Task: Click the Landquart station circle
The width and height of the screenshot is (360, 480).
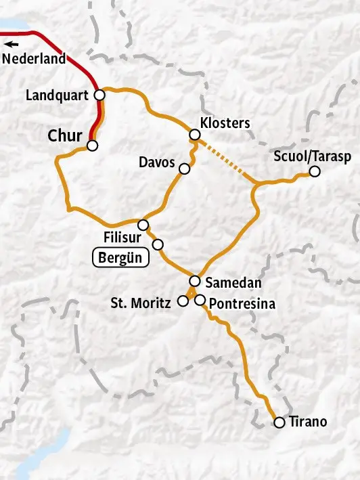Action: (99, 95)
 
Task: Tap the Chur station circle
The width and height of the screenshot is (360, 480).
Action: (93, 145)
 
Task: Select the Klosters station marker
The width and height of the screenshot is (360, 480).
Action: (194, 135)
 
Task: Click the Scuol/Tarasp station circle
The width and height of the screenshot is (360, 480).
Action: (314, 172)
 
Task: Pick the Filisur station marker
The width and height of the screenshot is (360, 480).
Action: (143, 225)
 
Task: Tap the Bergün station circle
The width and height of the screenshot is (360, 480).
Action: (158, 244)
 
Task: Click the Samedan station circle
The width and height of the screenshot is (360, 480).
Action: (194, 281)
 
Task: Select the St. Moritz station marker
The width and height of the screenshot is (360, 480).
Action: (182, 301)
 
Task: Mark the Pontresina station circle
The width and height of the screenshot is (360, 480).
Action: (200, 300)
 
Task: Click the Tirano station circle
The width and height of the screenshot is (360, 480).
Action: (279, 422)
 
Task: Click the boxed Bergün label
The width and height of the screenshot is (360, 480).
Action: (120, 258)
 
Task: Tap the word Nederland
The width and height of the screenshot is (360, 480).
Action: (34, 59)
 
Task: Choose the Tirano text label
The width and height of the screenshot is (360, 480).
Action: (307, 422)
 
